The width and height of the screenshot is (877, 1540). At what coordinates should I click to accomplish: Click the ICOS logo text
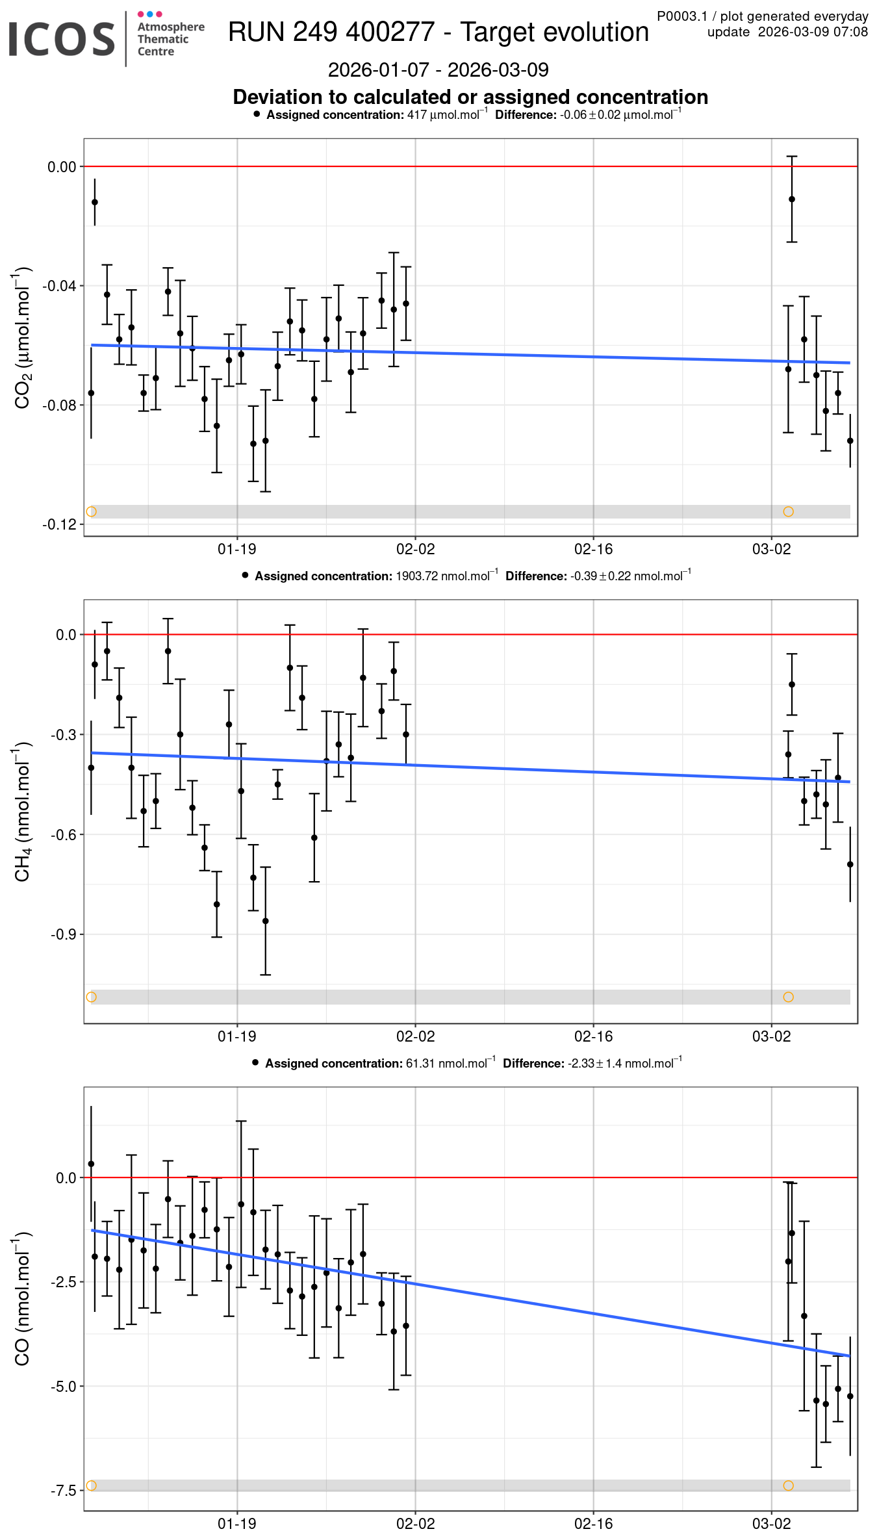[62, 38]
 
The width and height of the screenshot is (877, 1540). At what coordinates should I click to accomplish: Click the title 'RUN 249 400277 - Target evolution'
[438, 32]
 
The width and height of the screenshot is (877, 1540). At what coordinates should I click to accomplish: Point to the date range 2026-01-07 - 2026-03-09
[438, 70]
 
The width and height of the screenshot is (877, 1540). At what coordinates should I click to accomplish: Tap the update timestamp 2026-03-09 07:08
[813, 32]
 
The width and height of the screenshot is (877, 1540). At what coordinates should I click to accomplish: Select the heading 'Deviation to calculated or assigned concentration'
[470, 97]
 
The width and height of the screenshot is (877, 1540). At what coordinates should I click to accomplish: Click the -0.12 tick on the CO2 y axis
[59, 524]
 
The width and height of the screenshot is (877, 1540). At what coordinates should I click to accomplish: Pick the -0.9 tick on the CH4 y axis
[66, 934]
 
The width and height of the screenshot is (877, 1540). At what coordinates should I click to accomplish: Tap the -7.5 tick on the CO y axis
[66, 1490]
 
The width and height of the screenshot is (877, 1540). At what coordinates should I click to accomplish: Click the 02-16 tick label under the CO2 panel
[593, 549]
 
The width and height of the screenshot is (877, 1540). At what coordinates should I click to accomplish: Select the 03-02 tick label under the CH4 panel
[771, 1036]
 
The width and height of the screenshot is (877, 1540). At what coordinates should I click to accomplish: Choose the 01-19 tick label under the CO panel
[237, 1524]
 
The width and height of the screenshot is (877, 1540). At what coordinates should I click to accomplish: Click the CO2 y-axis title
[23, 337]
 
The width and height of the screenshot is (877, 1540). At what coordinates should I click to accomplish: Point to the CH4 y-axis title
[23, 812]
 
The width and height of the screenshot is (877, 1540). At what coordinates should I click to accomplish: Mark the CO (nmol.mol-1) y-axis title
[23, 1299]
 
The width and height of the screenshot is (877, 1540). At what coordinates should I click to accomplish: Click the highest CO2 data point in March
[792, 199]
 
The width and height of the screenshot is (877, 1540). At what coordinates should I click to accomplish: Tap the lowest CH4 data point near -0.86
[265, 921]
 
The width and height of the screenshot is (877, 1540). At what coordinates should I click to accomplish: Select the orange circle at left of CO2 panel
[92, 511]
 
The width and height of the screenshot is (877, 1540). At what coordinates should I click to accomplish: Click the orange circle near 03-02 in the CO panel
[789, 1485]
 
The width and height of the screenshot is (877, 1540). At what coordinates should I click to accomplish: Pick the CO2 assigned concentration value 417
[416, 115]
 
